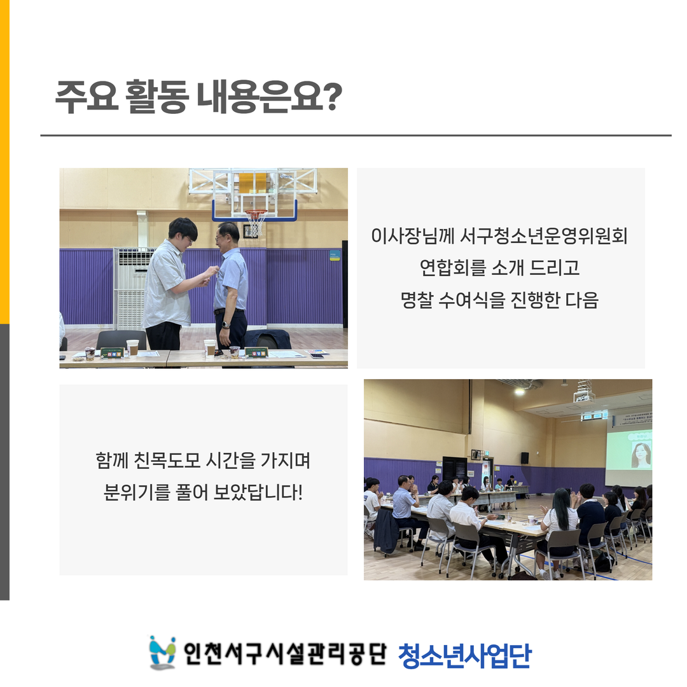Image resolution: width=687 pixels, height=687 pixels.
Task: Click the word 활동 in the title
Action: tap(157, 97)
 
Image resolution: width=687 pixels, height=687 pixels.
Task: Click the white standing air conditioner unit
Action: tap(130, 288)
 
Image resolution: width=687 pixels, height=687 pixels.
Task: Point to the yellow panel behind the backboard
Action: tap(253, 183)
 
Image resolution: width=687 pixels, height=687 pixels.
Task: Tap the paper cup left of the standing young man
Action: tap(132, 348)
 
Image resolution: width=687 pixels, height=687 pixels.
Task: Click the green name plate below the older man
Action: tap(256, 352)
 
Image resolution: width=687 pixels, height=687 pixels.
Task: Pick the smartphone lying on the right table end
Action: tap(317, 356)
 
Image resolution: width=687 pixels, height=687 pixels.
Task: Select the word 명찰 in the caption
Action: tap(416, 300)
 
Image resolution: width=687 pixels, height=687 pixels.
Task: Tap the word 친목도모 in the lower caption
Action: tap(167, 461)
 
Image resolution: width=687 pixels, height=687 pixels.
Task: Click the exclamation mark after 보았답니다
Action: tap(300, 492)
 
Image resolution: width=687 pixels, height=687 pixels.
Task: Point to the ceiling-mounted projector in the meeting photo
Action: tap(584, 396)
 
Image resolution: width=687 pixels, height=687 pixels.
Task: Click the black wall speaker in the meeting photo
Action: tap(525, 458)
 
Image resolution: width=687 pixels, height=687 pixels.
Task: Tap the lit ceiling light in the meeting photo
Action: tap(520, 391)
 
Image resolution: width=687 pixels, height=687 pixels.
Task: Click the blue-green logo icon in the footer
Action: tap(162, 653)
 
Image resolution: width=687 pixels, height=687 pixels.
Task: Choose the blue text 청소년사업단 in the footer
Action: tap(465, 656)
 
